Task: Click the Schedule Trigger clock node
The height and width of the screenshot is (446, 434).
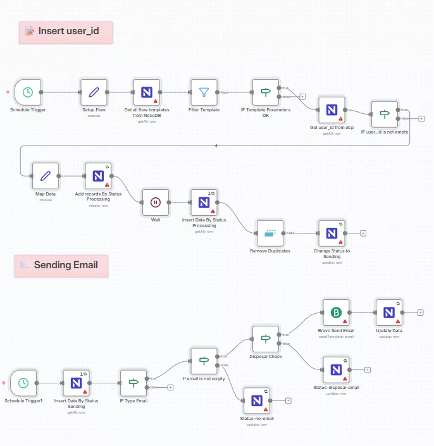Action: tap(28, 92)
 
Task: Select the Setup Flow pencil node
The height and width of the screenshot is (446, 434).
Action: tap(94, 92)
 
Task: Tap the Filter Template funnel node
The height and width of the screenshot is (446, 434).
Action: tap(204, 92)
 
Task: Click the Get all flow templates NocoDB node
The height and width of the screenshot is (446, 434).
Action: tap(147, 92)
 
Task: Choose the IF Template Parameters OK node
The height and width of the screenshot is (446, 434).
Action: tap(266, 92)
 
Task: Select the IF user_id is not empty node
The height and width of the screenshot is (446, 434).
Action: tap(385, 115)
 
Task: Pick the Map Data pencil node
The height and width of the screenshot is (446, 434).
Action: tap(46, 176)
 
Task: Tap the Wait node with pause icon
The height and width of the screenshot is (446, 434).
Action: tap(156, 202)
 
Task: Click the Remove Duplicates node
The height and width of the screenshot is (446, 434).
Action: tap(270, 233)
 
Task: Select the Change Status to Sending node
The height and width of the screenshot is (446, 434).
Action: tap(331, 233)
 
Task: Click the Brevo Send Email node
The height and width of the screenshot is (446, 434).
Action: tap(336, 313)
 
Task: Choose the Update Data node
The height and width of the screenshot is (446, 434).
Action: tap(388, 313)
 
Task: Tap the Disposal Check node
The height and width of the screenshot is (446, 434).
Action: tap(266, 339)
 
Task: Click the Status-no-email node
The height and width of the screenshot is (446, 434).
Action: tap(257, 400)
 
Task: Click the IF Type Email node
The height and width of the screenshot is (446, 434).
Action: tap(133, 383)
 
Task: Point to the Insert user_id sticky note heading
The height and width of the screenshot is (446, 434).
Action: tap(66, 31)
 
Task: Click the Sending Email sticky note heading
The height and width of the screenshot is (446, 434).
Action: tap(61, 265)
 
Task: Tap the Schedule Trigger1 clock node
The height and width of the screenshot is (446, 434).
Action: tap(23, 383)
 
